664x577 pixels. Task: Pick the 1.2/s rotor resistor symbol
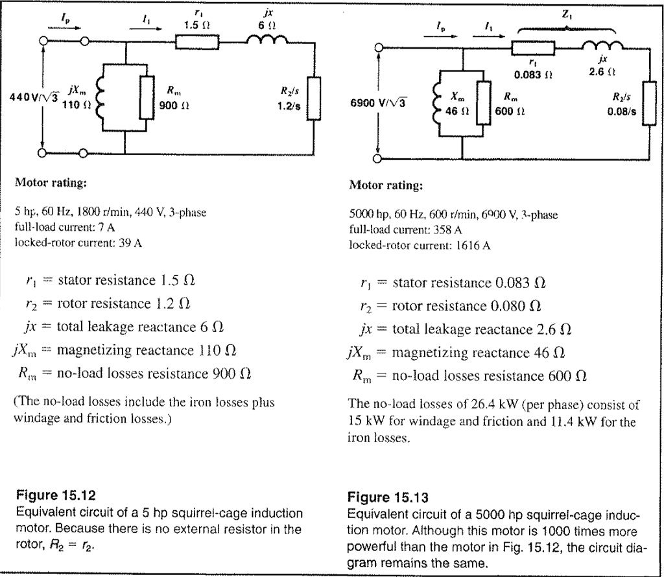click(314, 97)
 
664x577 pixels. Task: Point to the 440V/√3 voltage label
click(32, 97)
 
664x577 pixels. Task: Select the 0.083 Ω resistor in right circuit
click(533, 47)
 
